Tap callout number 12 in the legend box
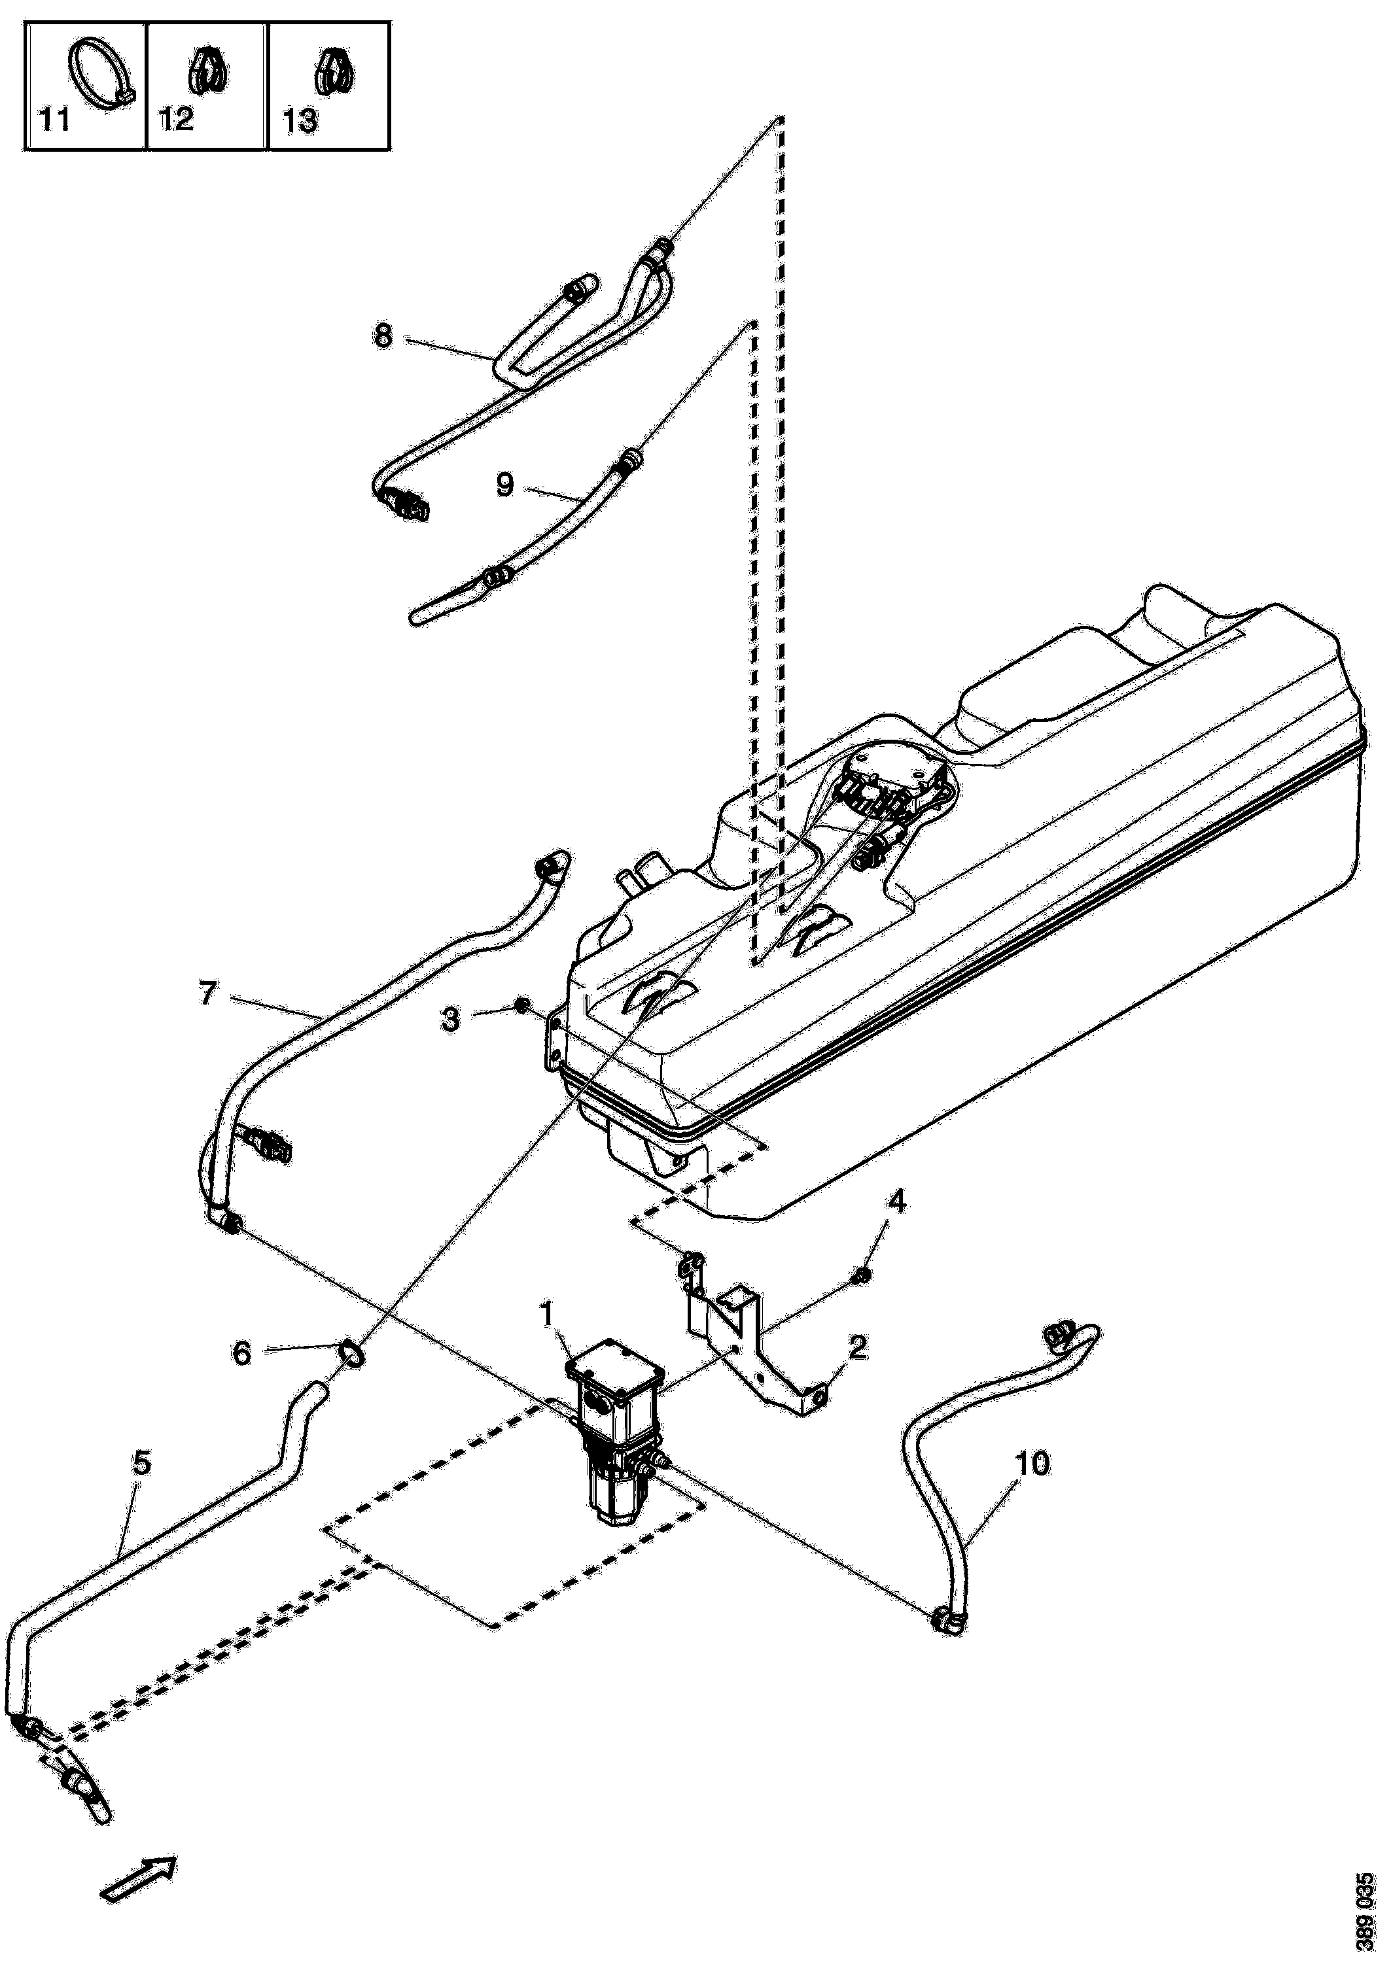point(177,119)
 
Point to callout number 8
point(383,335)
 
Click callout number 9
point(505,485)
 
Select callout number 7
point(208,994)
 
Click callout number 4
point(897,1202)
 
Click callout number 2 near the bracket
point(856,1347)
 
